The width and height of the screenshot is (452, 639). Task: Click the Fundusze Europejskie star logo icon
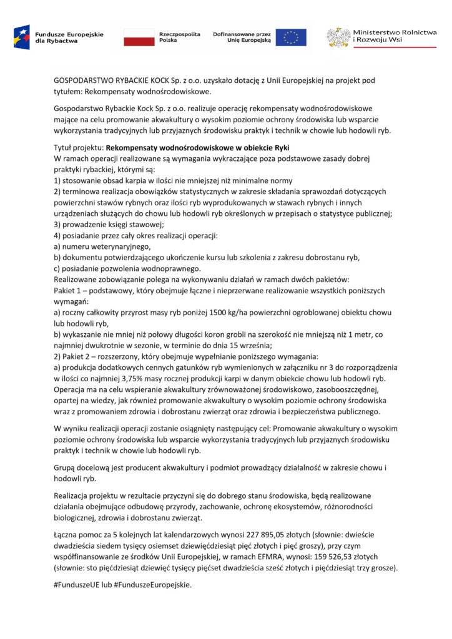22,37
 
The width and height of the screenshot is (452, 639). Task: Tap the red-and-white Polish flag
139,37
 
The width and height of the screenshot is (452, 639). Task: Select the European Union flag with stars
291,37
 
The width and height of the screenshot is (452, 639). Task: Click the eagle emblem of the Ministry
338,37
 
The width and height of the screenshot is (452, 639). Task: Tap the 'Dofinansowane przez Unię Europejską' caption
242,36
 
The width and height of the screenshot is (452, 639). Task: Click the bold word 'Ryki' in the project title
282,148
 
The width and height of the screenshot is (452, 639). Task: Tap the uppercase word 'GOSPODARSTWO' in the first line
84,80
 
